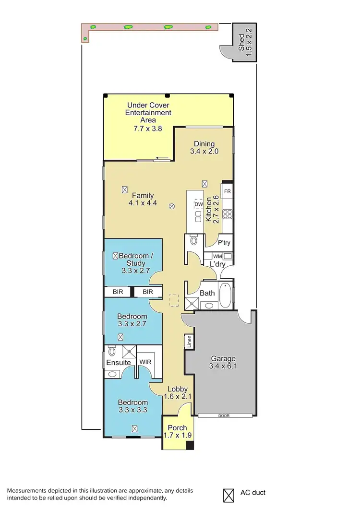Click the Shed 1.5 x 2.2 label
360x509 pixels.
245,42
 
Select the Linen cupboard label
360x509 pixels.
190,342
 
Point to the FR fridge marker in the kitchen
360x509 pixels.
228,191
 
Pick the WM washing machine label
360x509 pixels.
217,256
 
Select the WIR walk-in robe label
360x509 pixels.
145,362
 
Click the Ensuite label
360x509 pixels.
119,362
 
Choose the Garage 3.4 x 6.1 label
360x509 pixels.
222,363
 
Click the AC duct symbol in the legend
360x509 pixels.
228,493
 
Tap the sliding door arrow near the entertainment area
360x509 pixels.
161,159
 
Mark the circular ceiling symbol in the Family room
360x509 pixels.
172,207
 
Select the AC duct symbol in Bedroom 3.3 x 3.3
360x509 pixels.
134,428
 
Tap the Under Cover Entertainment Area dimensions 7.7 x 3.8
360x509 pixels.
148,129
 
